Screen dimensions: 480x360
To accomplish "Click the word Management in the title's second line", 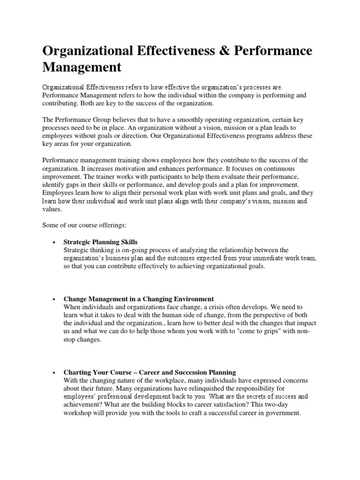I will [x=82, y=67].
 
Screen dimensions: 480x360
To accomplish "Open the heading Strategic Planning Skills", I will [x=100, y=242].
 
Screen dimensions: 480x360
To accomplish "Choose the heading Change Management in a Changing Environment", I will [x=138, y=299].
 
